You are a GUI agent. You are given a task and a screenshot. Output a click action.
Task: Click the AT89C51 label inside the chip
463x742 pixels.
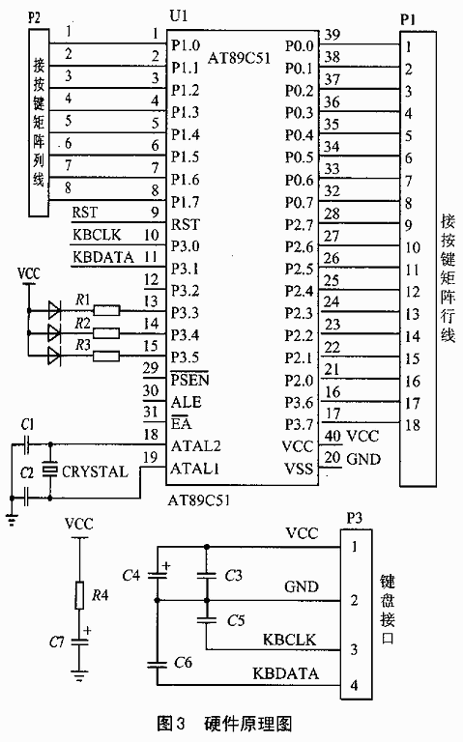click(x=239, y=58)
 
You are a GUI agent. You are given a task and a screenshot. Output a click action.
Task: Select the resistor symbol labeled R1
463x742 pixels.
click(x=106, y=311)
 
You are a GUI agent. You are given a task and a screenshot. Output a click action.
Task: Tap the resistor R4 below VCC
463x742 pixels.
click(x=79, y=595)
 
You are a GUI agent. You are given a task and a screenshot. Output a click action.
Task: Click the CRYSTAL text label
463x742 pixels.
click(x=95, y=471)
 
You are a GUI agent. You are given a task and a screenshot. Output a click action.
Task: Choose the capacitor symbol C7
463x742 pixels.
click(x=79, y=642)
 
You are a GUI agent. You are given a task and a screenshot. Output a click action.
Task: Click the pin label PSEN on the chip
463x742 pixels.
click(x=189, y=380)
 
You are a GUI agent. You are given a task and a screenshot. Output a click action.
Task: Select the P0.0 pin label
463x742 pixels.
click(x=300, y=46)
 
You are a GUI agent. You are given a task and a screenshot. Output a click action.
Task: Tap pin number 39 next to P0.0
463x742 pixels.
click(x=333, y=35)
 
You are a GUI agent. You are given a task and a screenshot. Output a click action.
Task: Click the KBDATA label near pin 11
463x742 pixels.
click(x=103, y=257)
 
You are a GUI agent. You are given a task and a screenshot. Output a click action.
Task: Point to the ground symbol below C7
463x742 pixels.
click(x=79, y=675)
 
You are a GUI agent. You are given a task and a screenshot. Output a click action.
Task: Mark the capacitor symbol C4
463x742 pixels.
click(x=158, y=575)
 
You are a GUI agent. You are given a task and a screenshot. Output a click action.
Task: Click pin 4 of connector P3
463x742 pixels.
click(x=354, y=685)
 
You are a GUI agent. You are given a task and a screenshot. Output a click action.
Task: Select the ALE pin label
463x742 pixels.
click(x=186, y=402)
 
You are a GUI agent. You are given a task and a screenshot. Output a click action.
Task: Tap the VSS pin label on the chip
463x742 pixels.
click(x=299, y=469)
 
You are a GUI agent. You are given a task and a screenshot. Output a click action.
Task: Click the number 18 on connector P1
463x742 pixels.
click(x=413, y=425)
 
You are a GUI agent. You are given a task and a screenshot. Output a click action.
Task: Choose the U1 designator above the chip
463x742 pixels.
click(x=179, y=15)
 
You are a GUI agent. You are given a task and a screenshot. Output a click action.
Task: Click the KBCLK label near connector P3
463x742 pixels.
click(x=289, y=640)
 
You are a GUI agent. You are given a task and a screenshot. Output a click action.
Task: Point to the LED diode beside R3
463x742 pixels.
click(x=54, y=356)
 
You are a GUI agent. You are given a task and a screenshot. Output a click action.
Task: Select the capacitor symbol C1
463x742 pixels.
click(x=26, y=444)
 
